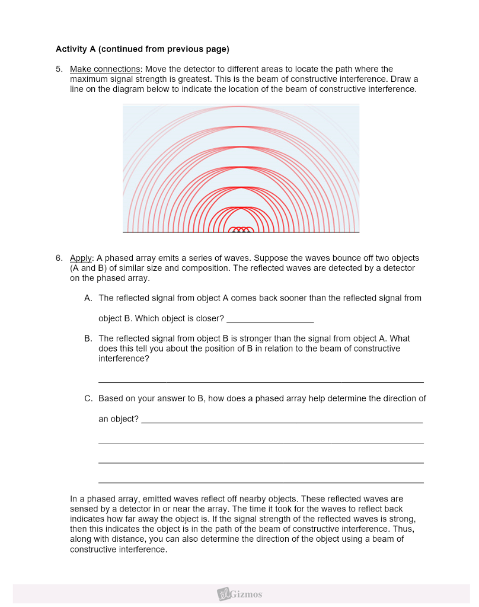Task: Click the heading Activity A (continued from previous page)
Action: [142, 49]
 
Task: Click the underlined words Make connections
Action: [104, 69]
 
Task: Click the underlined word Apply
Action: [81, 258]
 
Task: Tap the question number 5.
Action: [59, 69]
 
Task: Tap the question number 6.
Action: [59, 258]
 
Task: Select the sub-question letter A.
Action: [88, 298]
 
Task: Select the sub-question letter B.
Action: [88, 338]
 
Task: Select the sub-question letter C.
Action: [88, 399]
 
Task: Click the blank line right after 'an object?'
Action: [282, 421]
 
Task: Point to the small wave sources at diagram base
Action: [241, 229]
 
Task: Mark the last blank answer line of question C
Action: [261, 482]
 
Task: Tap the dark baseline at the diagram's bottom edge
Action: [178, 232]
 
